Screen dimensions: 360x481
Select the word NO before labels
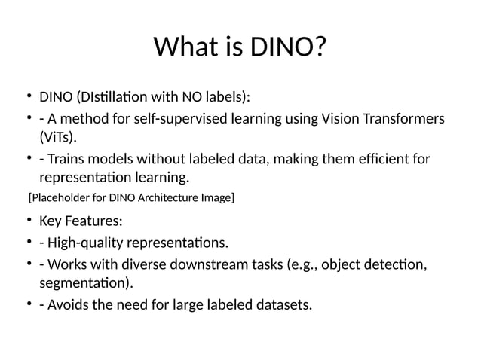[x=191, y=97]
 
